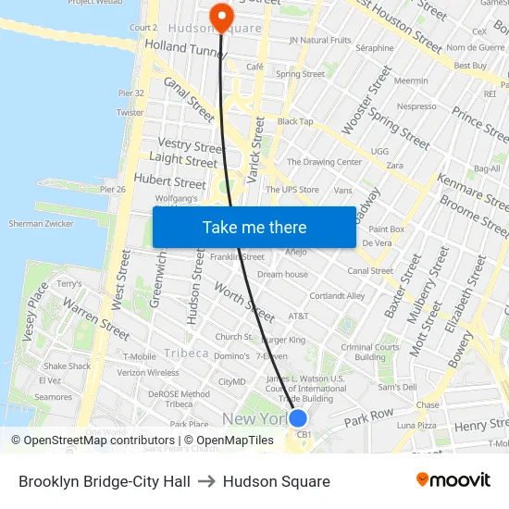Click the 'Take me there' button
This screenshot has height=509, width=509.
(254, 227)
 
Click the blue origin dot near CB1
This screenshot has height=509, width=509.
(298, 418)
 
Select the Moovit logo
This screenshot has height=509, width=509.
(453, 480)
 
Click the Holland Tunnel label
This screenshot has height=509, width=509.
(185, 46)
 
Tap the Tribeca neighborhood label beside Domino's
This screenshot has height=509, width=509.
(186, 353)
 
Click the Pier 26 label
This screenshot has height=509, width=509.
(112, 190)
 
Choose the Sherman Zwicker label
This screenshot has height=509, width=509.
(41, 224)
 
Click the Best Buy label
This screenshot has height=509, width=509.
(471, 66)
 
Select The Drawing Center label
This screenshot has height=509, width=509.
(324, 162)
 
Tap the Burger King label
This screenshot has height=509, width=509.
(283, 340)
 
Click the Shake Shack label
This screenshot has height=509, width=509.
(67, 366)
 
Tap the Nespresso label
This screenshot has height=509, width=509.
(416, 106)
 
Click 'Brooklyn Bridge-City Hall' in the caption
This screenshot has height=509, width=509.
(105, 481)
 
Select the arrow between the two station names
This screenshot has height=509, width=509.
(206, 481)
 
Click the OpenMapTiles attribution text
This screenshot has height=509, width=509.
(229, 441)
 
